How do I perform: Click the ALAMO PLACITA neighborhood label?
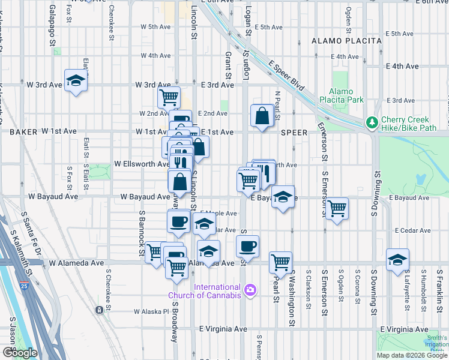click(346, 41)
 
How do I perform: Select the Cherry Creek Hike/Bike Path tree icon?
click(372, 122)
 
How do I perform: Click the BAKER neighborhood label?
click(23, 131)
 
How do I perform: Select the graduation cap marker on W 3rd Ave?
click(76, 80)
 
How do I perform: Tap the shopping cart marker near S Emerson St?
click(337, 208)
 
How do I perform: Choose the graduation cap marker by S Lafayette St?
click(397, 259)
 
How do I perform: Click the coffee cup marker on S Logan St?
click(247, 245)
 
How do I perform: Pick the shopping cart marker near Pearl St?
click(280, 262)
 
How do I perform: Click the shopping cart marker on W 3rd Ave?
click(169, 95)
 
